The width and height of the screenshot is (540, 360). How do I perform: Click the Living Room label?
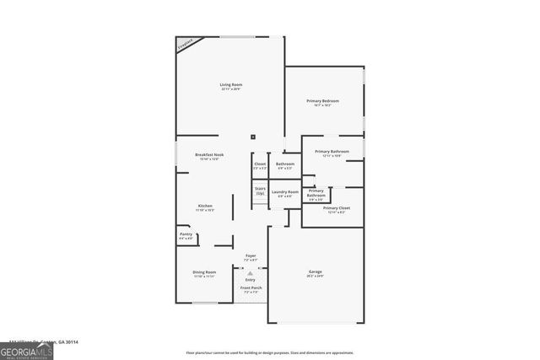(230, 84)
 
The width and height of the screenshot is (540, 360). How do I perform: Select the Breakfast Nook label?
(209, 154)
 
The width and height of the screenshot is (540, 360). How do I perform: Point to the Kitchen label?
(205, 206)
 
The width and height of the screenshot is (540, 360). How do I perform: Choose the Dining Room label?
(205, 271)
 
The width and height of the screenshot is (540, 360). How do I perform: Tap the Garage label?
(315, 271)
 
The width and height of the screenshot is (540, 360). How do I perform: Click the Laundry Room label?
(284, 192)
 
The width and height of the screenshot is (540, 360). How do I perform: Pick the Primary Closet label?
(337, 207)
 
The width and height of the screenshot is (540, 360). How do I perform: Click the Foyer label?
(251, 255)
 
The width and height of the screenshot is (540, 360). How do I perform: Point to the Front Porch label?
(251, 288)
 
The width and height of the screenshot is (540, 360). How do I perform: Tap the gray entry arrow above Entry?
(250, 272)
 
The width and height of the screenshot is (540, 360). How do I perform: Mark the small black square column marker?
(252, 137)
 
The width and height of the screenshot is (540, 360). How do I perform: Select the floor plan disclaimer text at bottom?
(270, 353)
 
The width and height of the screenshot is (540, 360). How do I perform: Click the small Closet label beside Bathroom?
(260, 164)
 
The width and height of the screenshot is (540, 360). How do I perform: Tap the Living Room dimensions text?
(230, 89)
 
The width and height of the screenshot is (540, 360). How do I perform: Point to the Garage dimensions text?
(315, 277)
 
